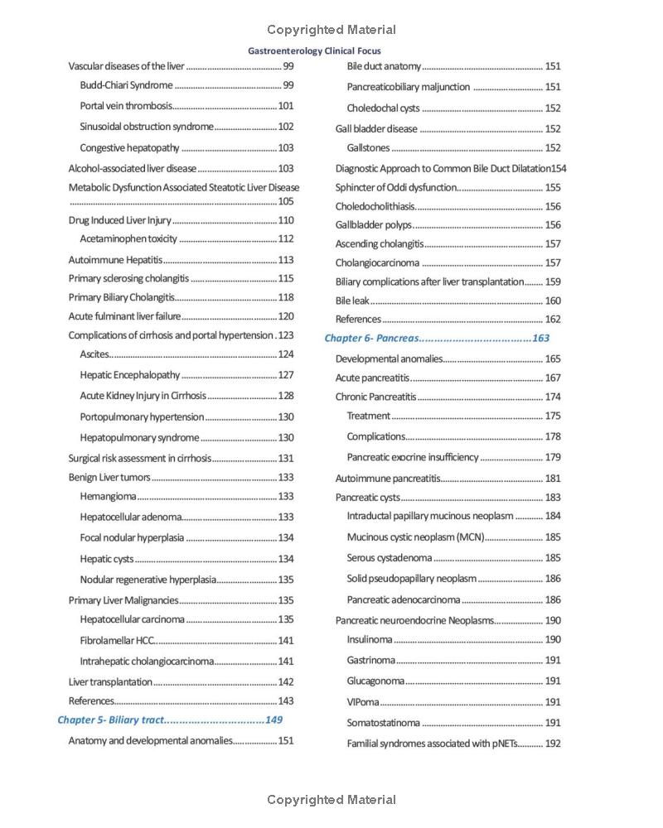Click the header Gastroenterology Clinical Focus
tap(314, 51)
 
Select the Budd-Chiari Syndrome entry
tap(127, 85)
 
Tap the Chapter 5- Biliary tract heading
tap(111, 720)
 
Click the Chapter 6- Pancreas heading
tap(372, 338)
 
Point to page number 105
tap(285, 201)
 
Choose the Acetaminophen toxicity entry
tap(128, 239)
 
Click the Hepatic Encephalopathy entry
tap(130, 375)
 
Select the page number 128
tap(285, 396)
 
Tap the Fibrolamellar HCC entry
tap(117, 640)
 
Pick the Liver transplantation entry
tap(110, 682)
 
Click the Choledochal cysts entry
tap(383, 108)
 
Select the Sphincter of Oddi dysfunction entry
tap(396, 187)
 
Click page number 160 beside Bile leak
tap(553, 301)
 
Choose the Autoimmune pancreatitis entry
tap(387, 478)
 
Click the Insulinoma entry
tap(370, 639)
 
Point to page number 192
tap(553, 744)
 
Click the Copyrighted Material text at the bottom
tap(331, 800)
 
